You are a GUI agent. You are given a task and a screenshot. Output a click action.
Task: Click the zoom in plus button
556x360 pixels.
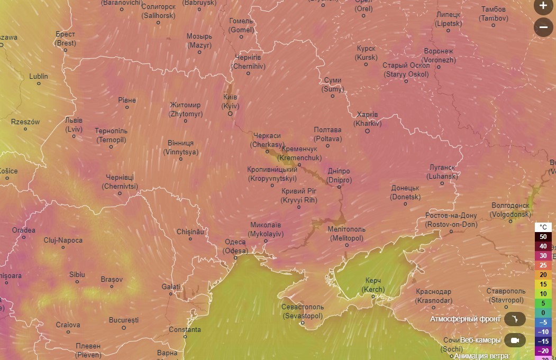(x=543, y=6)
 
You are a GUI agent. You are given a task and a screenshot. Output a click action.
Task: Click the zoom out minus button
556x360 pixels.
(x=543, y=27)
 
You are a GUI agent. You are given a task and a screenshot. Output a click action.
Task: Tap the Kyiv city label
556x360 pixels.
(x=230, y=101)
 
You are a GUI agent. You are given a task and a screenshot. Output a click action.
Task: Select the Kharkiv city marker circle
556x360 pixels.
(x=367, y=131)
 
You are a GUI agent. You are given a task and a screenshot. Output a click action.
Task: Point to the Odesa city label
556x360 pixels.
(x=235, y=246)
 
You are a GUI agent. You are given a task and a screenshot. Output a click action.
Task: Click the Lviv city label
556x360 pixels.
(x=74, y=125)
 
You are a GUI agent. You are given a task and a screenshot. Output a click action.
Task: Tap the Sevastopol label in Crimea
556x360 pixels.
(x=303, y=311)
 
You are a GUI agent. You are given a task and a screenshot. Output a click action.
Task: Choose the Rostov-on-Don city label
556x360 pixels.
(x=451, y=220)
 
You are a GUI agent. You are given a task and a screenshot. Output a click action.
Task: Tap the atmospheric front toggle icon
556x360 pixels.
(x=514, y=319)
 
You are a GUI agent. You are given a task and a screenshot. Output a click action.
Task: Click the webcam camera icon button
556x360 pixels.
(x=514, y=340)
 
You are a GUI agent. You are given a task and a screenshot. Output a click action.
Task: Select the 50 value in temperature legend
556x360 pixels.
(x=543, y=236)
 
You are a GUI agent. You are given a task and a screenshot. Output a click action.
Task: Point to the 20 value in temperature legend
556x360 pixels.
(x=543, y=274)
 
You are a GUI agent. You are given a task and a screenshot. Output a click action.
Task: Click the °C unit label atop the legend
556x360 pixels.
(x=543, y=227)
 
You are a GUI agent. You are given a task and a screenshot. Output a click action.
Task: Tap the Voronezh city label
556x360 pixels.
(x=439, y=56)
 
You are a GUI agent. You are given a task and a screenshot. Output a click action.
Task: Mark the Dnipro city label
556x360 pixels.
(x=339, y=176)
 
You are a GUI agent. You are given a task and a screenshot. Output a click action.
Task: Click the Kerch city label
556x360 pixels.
(x=373, y=285)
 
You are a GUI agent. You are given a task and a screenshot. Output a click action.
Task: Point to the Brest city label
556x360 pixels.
(x=66, y=39)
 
